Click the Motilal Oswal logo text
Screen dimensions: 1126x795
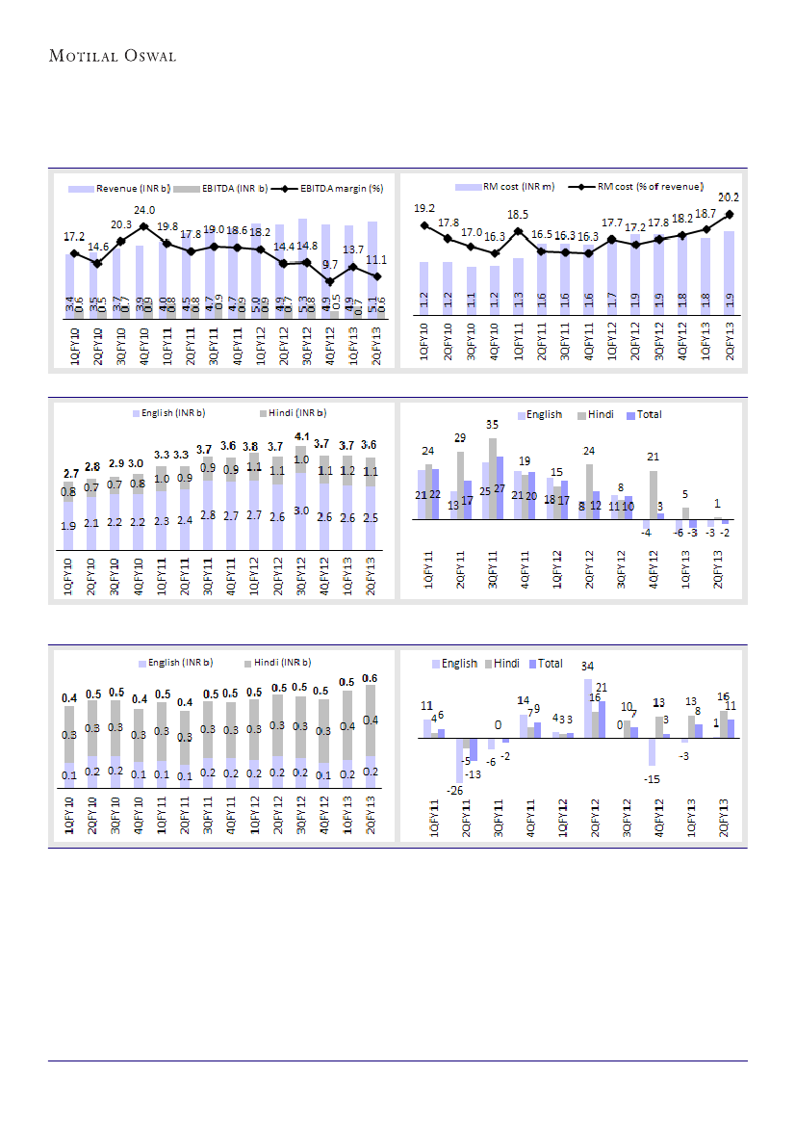(112, 57)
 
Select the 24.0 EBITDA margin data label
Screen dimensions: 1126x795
(144, 210)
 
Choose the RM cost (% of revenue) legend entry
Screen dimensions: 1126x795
(650, 186)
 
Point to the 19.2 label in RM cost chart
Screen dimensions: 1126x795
(424, 209)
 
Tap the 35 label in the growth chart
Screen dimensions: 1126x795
(492, 425)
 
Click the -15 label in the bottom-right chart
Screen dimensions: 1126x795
(652, 779)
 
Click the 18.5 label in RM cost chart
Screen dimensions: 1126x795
(518, 215)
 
